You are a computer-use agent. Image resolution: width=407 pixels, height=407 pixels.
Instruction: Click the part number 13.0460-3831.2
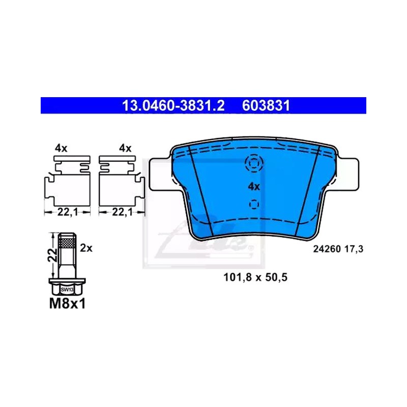tap(173, 106)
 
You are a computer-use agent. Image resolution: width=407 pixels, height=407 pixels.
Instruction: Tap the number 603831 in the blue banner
tap(266, 106)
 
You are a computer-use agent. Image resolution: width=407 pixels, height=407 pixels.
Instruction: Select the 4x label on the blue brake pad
tap(253, 186)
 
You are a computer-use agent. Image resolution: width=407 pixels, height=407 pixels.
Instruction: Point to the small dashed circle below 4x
tap(254, 204)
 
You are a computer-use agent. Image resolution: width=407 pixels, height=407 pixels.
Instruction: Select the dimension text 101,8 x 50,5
tap(255, 277)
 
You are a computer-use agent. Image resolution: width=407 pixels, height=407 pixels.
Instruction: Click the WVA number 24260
tap(327, 249)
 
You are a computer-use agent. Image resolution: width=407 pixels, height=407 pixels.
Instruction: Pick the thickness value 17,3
tap(354, 249)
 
